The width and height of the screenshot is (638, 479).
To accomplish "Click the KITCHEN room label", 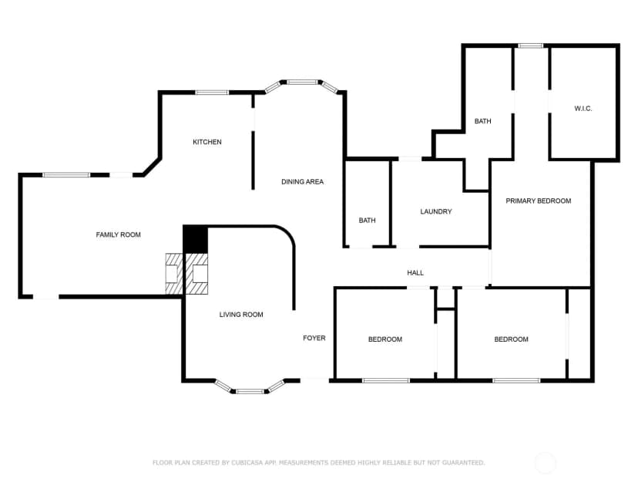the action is pyautogui.click(x=207, y=142).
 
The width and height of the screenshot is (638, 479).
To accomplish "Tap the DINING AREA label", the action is pyautogui.click(x=302, y=182).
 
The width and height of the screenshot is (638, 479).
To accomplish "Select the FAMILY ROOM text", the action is pyautogui.click(x=118, y=234).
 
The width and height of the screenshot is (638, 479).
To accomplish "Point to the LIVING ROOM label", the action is pyautogui.click(x=241, y=315).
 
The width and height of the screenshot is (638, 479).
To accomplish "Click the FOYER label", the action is pyautogui.click(x=314, y=338).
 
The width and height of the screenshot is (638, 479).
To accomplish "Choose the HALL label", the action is pyautogui.click(x=415, y=273).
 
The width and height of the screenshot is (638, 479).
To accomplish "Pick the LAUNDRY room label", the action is pyautogui.click(x=436, y=211).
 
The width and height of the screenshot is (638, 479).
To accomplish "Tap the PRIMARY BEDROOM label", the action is pyautogui.click(x=539, y=201).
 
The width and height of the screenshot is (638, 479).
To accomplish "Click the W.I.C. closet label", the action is pyautogui.click(x=583, y=108).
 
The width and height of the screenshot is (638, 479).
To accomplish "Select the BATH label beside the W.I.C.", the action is pyautogui.click(x=482, y=121).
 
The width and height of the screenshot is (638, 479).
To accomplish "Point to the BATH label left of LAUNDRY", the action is pyautogui.click(x=367, y=221).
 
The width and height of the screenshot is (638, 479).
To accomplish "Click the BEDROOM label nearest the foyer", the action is pyautogui.click(x=385, y=339).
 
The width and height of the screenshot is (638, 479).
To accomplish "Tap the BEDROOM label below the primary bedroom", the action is pyautogui.click(x=511, y=339).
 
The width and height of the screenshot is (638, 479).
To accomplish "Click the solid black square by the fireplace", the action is pyautogui.click(x=195, y=239).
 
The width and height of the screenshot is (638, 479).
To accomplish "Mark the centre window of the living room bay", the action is pyautogui.click(x=250, y=391).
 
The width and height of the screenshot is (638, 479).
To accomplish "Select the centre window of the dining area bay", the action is pyautogui.click(x=302, y=83).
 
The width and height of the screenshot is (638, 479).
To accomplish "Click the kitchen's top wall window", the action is pyautogui.click(x=212, y=93).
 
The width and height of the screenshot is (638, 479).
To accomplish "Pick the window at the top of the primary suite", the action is pyautogui.click(x=530, y=46).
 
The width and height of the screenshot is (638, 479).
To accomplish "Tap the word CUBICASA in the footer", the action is pyautogui.click(x=247, y=463).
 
